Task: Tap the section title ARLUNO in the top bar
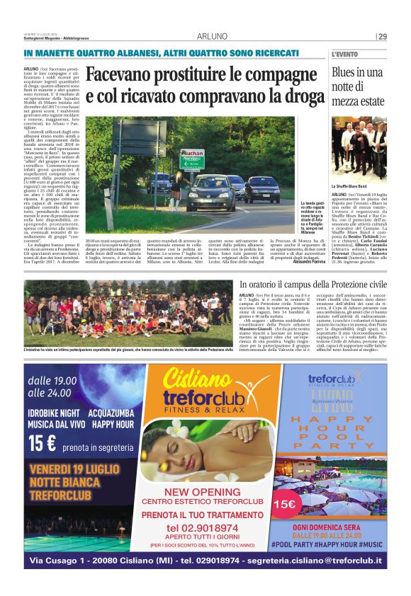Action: (212, 37)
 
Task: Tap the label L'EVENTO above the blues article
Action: (345, 55)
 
